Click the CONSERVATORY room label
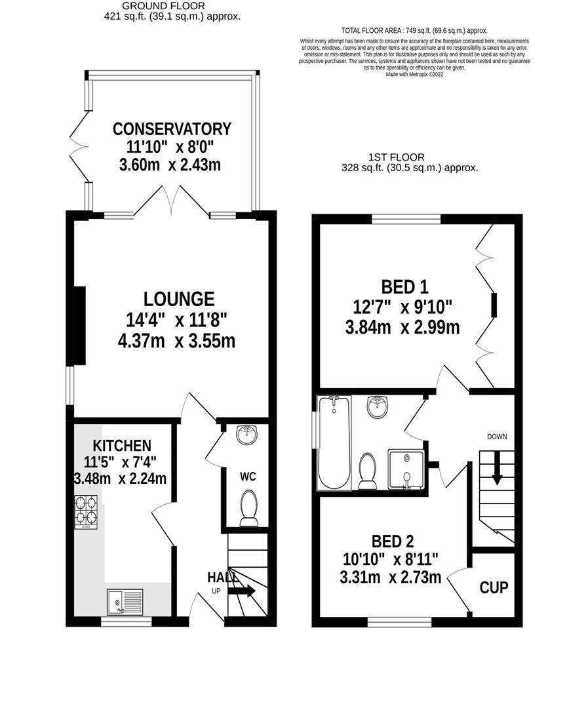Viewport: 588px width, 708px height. [171, 128]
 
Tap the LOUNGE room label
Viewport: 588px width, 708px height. [179, 299]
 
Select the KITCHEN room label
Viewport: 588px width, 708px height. [121, 446]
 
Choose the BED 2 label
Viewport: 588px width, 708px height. [393, 541]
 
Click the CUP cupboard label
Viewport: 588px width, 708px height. [494, 587]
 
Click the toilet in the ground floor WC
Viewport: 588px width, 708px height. [248, 510]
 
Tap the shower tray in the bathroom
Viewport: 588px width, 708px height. [407, 469]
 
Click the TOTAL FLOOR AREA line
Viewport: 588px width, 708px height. [414, 30]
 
